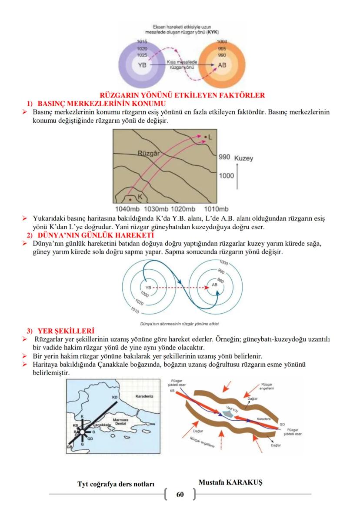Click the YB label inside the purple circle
point(142,65)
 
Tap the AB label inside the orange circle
point(222,65)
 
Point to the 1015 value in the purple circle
point(142,41)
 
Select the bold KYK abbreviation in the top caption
point(213,32)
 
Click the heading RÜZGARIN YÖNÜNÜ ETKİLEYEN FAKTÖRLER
point(182,95)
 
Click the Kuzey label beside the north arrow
point(243,158)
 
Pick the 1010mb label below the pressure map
point(216,209)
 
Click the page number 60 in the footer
point(180,494)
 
